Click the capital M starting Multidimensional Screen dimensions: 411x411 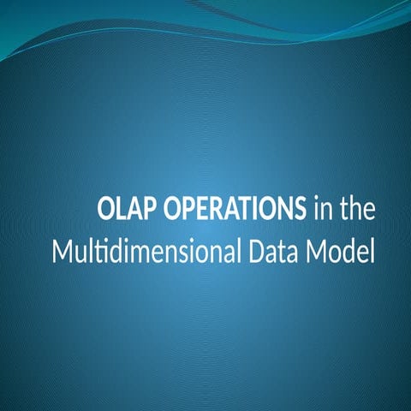coord(62,254)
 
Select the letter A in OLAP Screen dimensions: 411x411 coord(134,210)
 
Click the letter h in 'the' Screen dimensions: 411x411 coord(359,210)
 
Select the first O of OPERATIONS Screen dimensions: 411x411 coord(170,210)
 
